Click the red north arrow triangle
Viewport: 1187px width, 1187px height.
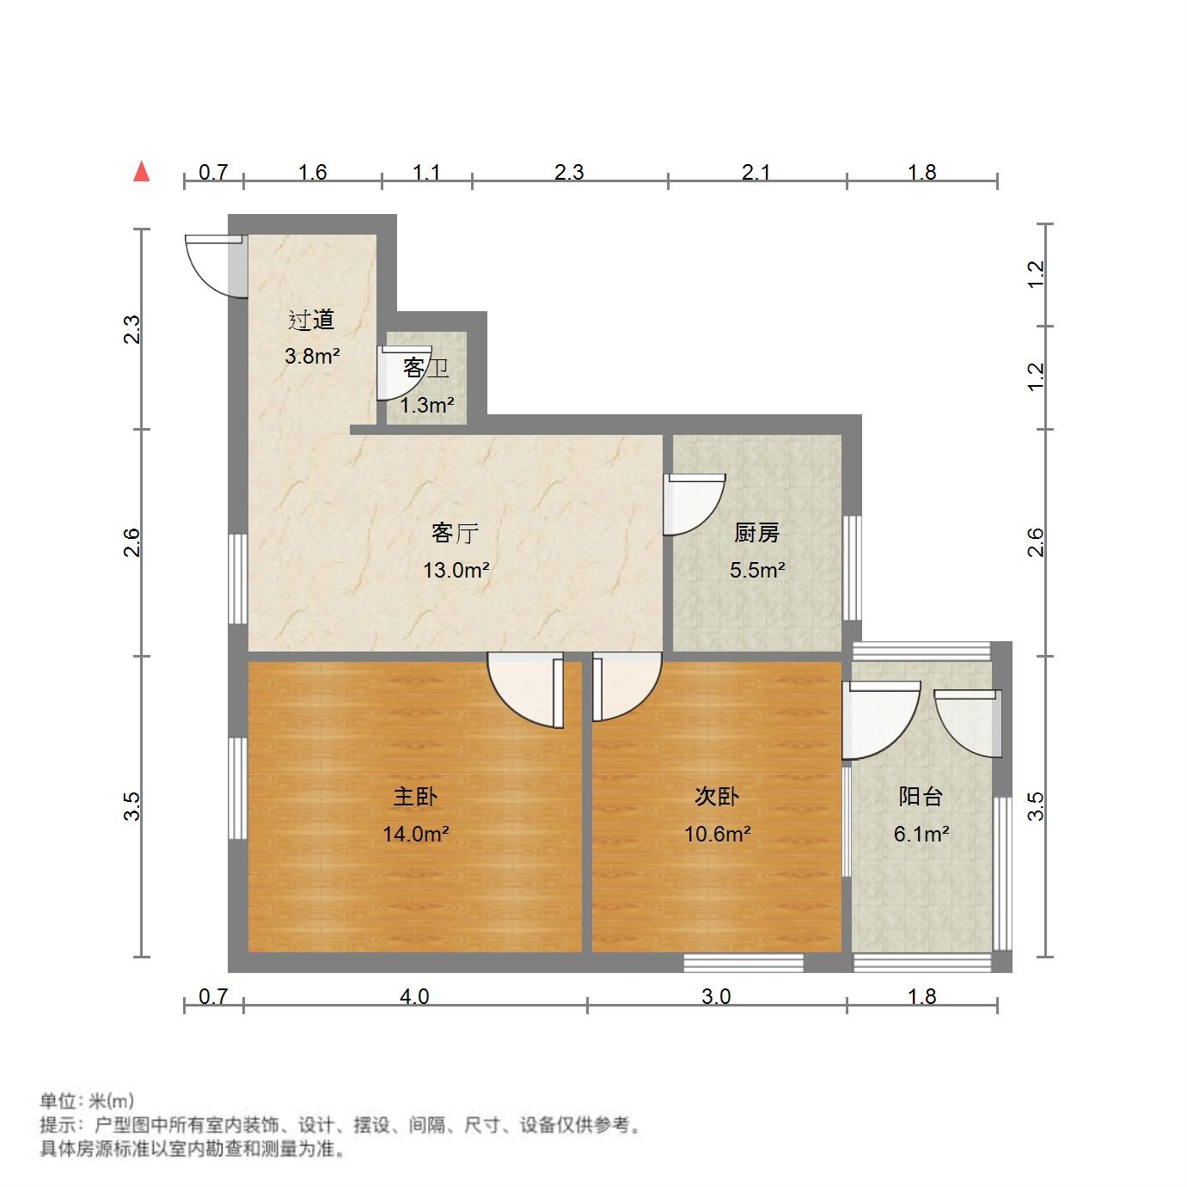pyautogui.click(x=142, y=172)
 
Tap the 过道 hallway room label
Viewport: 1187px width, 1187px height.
pyautogui.click(x=311, y=321)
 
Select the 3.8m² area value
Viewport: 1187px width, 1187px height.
pyautogui.click(x=312, y=356)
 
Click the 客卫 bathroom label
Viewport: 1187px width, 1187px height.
pyautogui.click(x=425, y=369)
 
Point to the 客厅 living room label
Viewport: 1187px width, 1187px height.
pyautogui.click(x=455, y=534)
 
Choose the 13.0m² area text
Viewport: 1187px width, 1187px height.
pyautogui.click(x=456, y=570)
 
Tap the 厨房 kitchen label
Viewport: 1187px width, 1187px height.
pyautogui.click(x=756, y=534)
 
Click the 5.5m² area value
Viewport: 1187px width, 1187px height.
pyautogui.click(x=757, y=570)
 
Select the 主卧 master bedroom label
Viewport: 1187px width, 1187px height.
pyautogui.click(x=415, y=797)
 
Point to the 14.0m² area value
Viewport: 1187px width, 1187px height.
pyautogui.click(x=416, y=834)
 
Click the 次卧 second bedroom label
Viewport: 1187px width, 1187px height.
pyautogui.click(x=717, y=797)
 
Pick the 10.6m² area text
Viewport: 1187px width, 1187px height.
pyautogui.click(x=718, y=834)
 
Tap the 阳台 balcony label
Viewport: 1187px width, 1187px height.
pyautogui.click(x=921, y=797)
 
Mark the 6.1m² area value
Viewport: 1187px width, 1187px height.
pyautogui.click(x=921, y=834)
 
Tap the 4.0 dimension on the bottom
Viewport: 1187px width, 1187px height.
pyautogui.click(x=414, y=997)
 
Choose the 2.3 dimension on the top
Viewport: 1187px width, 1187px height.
pyautogui.click(x=569, y=173)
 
